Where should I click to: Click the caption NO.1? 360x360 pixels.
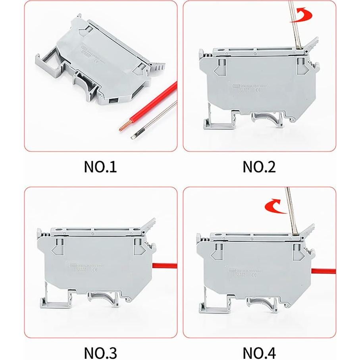pyautogui.click(x=100, y=167)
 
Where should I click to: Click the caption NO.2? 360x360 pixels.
pyautogui.click(x=259, y=167)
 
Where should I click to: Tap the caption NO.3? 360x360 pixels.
pyautogui.click(x=100, y=352)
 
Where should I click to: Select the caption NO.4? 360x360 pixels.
pyautogui.click(x=259, y=352)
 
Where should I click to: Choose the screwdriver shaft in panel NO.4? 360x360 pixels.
pyautogui.click(x=291, y=214)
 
